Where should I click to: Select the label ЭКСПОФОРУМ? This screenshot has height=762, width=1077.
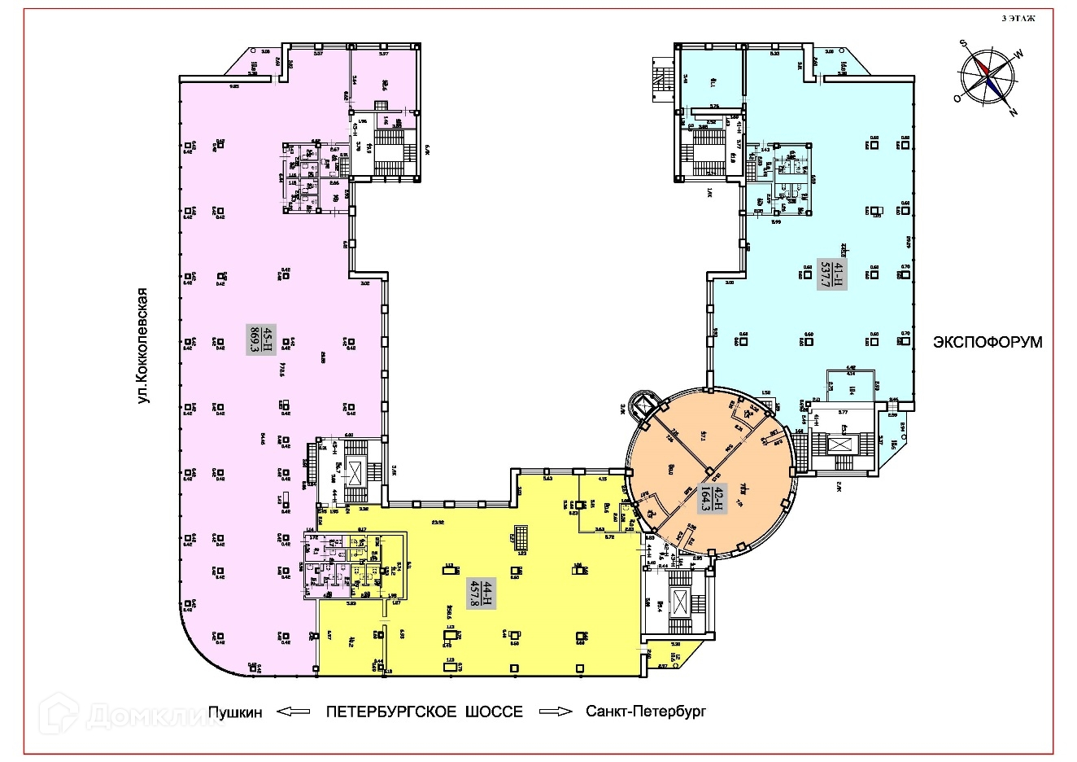tap(987, 343)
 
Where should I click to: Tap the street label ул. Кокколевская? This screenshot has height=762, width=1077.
tap(145, 344)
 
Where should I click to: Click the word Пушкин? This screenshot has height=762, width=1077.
tap(235, 712)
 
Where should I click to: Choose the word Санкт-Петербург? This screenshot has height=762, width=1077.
tap(647, 712)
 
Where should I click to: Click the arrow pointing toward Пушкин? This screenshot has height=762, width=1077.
tap(294, 712)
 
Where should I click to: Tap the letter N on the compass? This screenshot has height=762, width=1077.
tap(1012, 112)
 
